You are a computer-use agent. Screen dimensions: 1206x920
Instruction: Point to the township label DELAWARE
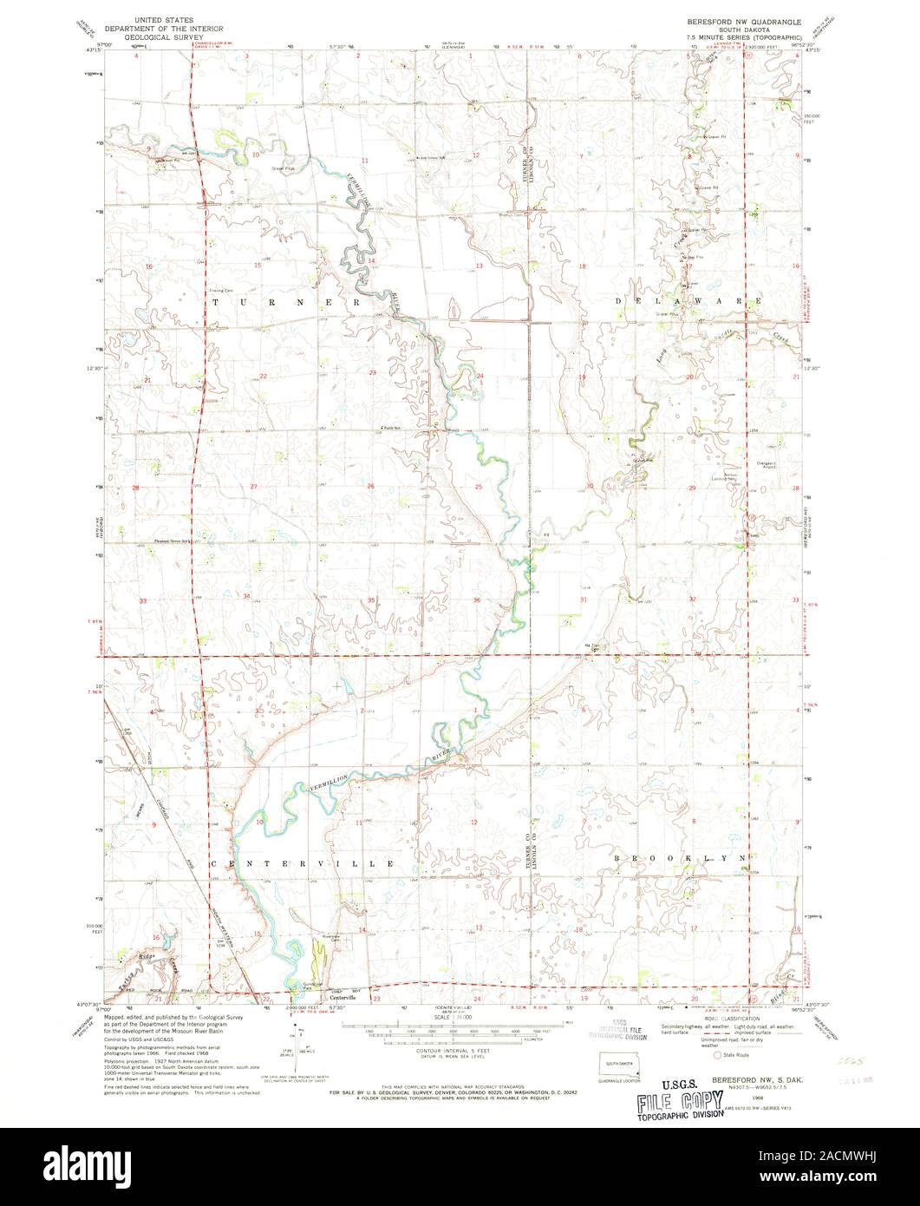point(690,300)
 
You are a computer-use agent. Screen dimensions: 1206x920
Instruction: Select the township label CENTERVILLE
point(303,864)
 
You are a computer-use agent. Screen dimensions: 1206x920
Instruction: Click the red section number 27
point(254,487)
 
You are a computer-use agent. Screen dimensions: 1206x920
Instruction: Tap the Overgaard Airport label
point(772,465)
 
